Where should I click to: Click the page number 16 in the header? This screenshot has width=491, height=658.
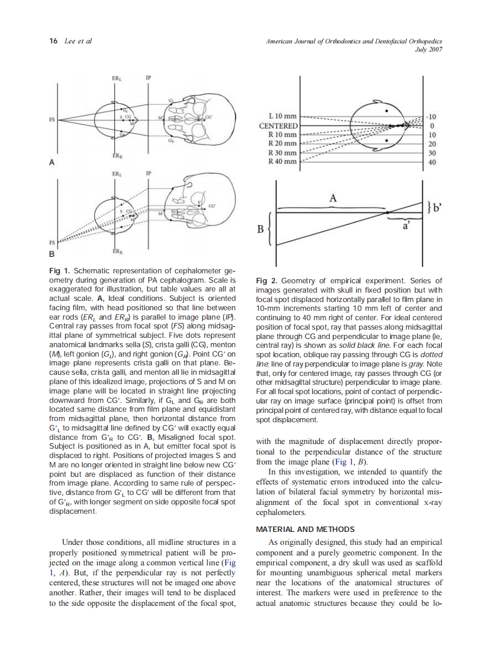[53, 41]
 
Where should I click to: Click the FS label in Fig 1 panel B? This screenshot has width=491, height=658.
[52, 242]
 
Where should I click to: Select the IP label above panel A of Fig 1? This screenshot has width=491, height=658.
[148, 78]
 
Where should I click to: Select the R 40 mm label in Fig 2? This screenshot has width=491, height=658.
[282, 161]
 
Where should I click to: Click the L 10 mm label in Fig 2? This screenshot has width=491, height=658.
[282, 116]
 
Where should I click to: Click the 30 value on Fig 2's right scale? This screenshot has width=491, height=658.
[432, 152]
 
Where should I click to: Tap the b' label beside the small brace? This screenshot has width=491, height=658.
[436, 206]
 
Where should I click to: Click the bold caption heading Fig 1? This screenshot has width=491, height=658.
[59, 270]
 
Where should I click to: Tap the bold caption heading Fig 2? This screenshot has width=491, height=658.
[267, 281]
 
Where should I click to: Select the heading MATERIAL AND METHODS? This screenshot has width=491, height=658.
[305, 529]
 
